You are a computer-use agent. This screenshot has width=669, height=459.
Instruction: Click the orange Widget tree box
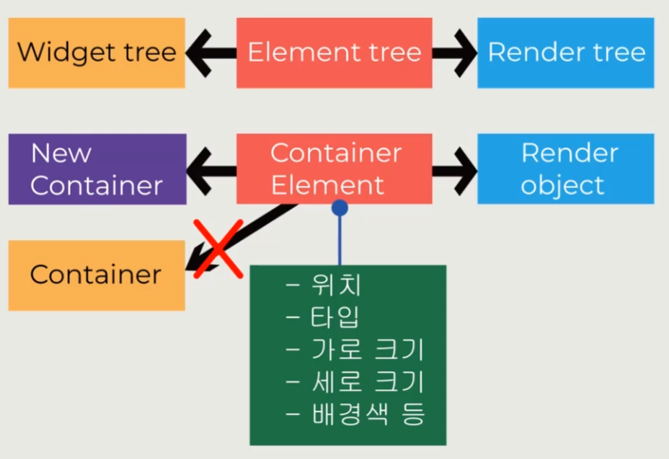click(x=97, y=53)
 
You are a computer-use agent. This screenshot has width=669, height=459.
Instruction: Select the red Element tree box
click(x=334, y=53)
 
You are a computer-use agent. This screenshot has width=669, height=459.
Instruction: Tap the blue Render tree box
click(x=566, y=53)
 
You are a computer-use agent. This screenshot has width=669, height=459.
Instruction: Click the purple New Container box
click(x=97, y=169)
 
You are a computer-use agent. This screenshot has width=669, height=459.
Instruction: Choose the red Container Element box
click(x=334, y=169)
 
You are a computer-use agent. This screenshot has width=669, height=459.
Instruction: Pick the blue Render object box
click(x=566, y=169)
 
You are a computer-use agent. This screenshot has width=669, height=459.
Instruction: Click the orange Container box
click(x=97, y=275)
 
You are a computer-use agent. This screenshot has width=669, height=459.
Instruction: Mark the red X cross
click(x=218, y=249)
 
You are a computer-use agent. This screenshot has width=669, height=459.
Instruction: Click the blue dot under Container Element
click(x=340, y=208)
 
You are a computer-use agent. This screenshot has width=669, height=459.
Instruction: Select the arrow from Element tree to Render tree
click(x=455, y=53)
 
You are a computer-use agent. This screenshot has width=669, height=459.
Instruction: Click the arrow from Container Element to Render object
click(x=455, y=170)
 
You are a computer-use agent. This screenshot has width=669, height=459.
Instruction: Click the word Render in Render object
click(x=570, y=153)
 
